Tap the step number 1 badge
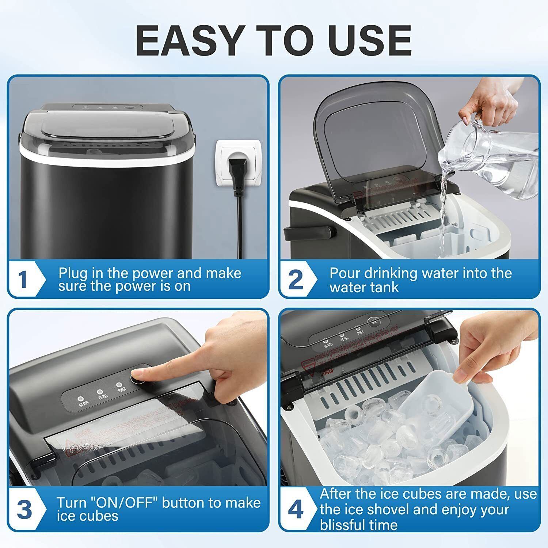(x=23, y=279)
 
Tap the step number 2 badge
(x=295, y=279)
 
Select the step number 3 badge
(x=24, y=509)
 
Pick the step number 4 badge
(x=295, y=509)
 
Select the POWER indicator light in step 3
(x=119, y=385)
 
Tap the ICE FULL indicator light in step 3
(x=100, y=392)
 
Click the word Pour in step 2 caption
(x=345, y=273)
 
